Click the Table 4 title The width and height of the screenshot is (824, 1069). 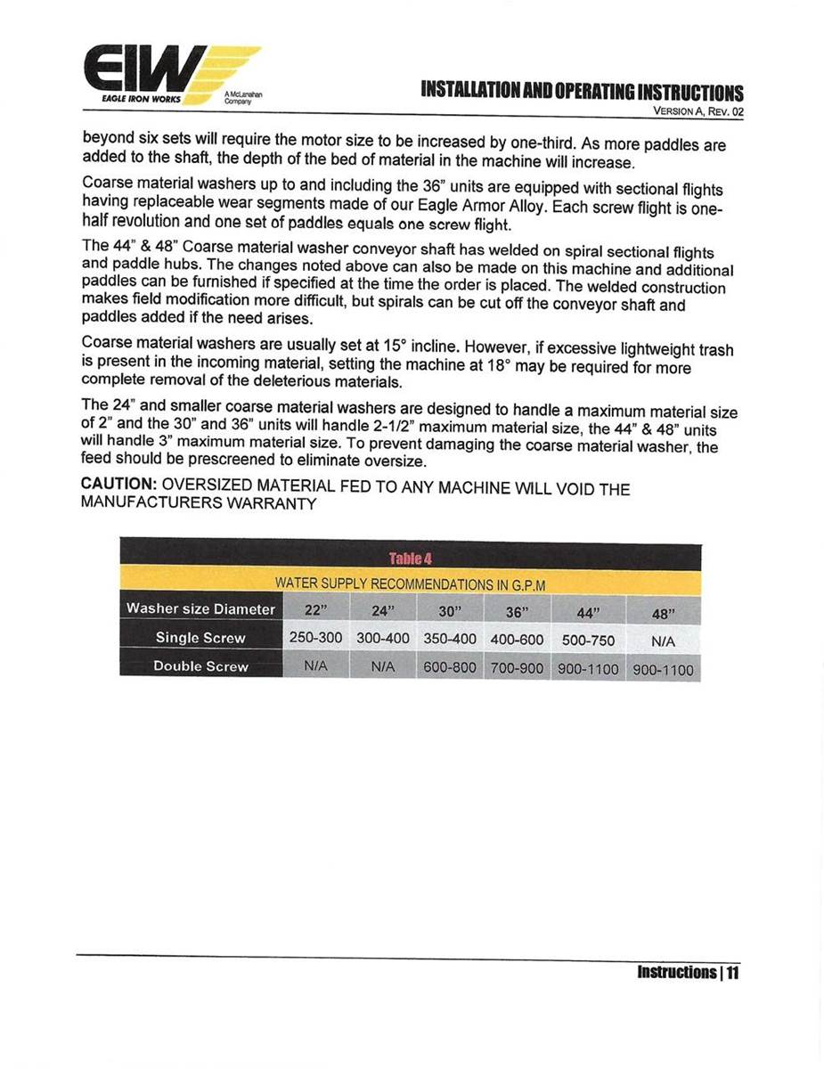tap(410, 559)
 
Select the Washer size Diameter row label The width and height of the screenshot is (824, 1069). tap(200, 609)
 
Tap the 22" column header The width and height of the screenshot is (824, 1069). tap(315, 612)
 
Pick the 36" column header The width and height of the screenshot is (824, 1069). tap(518, 613)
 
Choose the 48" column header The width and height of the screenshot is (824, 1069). tap(664, 615)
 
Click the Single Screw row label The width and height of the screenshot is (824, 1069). tap(200, 638)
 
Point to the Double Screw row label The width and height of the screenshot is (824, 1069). tap(200, 666)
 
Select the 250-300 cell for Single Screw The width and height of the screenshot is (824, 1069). tap(315, 639)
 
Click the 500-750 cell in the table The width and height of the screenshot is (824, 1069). tap(588, 641)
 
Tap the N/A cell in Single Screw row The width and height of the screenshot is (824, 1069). tap(664, 641)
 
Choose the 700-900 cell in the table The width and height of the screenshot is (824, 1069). tap(518, 668)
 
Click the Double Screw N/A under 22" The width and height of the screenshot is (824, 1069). tap(315, 666)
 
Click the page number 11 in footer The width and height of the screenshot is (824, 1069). tap(732, 972)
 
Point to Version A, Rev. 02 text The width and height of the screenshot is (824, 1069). tap(698, 112)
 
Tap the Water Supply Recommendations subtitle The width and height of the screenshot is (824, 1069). tap(410, 584)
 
